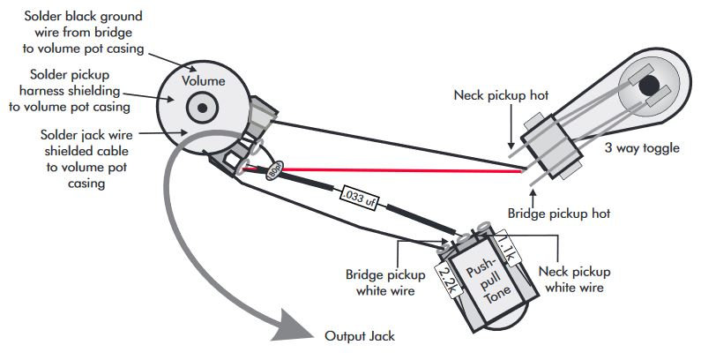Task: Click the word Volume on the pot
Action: (204, 81)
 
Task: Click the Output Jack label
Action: (359, 336)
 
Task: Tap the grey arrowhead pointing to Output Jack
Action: (295, 328)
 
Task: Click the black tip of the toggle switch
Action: (651, 86)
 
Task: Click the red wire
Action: (397, 169)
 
